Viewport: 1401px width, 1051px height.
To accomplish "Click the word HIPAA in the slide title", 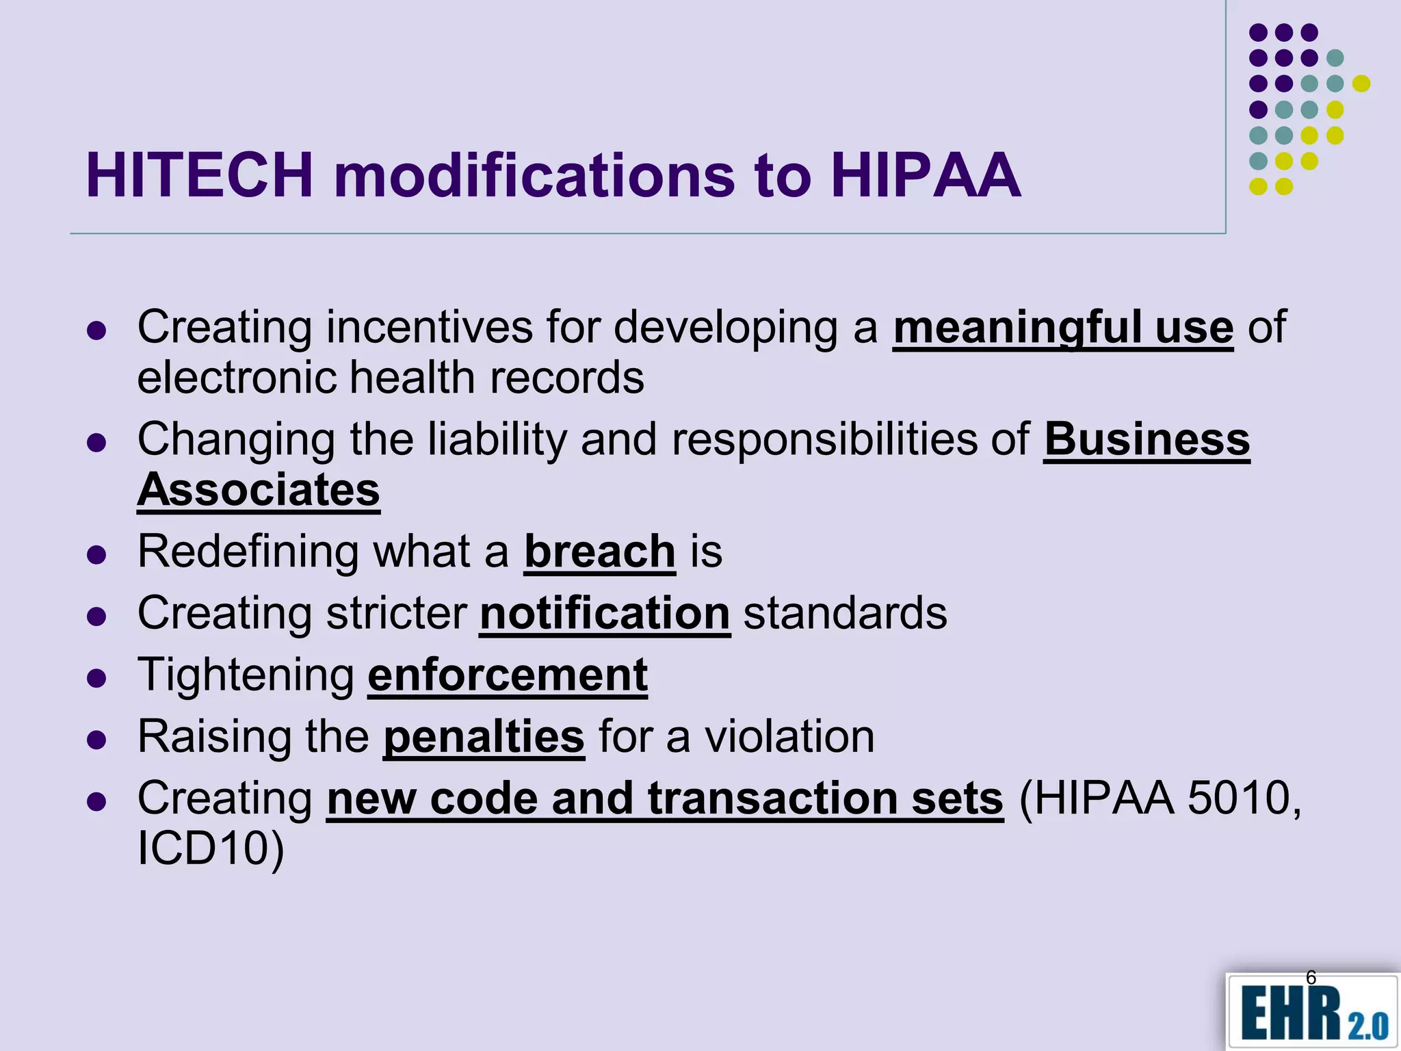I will pyautogui.click(x=926, y=176).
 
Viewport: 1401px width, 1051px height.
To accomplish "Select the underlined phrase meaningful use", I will pyautogui.click(x=1062, y=328).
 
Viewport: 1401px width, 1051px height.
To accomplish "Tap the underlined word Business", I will pyautogui.click(x=1147, y=439).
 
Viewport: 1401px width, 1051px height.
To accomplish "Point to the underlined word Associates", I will pyautogui.click(x=259, y=490).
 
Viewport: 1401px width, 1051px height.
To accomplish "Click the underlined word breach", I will pyautogui.click(x=600, y=552).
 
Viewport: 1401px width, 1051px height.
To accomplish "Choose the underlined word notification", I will pyautogui.click(x=605, y=613).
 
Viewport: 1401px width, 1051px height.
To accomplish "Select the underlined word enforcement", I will pyautogui.click(x=508, y=675).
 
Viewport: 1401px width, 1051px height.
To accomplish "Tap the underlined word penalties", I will pyautogui.click(x=484, y=737).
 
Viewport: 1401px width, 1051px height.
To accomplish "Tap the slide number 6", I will pyautogui.click(x=1311, y=977).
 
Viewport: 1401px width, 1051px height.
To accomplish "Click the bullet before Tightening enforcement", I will pyautogui.click(x=97, y=678).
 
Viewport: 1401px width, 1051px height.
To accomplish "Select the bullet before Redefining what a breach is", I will pyautogui.click(x=97, y=554).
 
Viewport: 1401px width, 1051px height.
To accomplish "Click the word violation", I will pyautogui.click(x=789, y=737).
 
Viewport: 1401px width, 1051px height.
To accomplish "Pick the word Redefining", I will pyautogui.click(x=248, y=552).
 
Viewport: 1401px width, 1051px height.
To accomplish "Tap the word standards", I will pyautogui.click(x=845, y=613).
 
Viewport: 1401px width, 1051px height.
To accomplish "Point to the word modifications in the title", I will pyautogui.click(x=534, y=176).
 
